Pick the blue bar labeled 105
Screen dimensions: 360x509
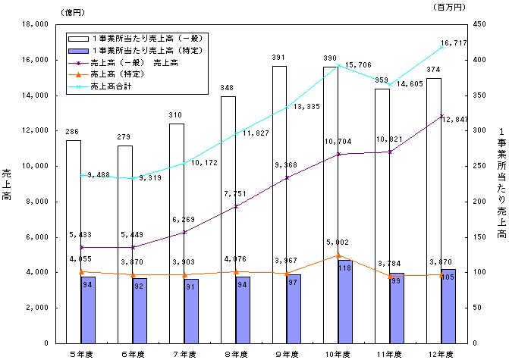point(449,306)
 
